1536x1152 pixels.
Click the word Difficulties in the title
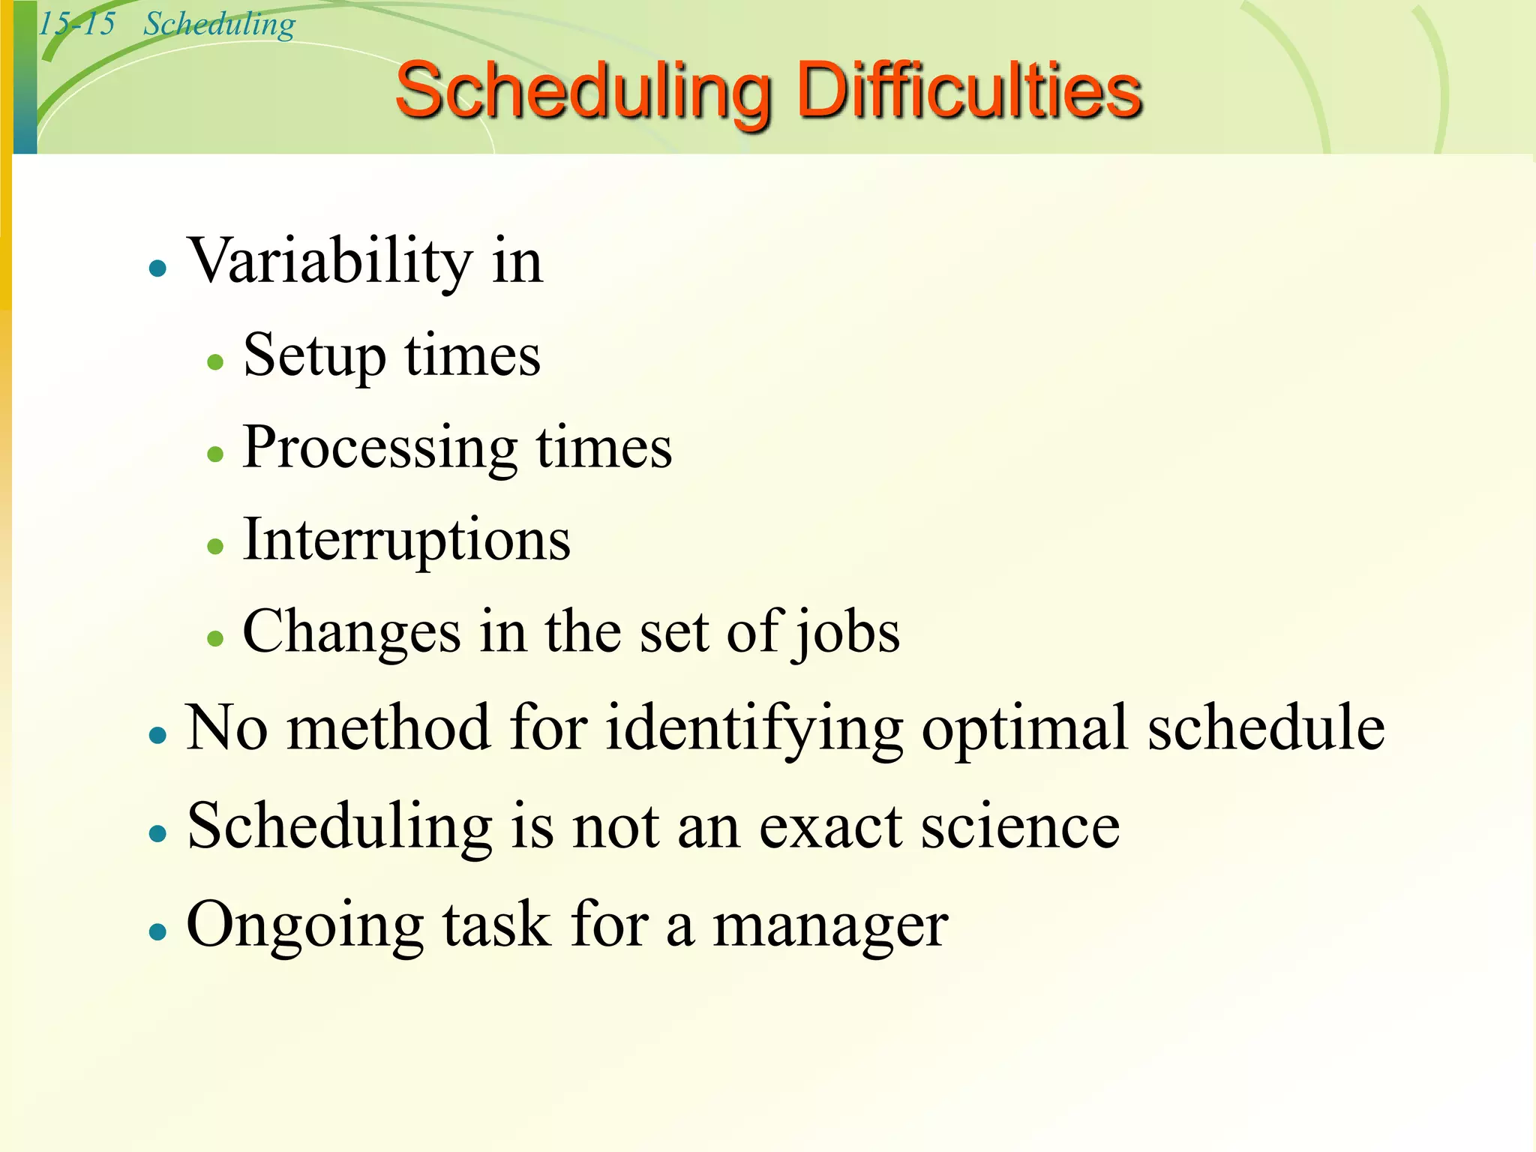(x=968, y=91)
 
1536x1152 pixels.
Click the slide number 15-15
(x=76, y=24)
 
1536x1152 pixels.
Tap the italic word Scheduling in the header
(x=219, y=25)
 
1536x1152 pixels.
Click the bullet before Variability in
(x=157, y=268)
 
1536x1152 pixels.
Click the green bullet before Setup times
(x=216, y=362)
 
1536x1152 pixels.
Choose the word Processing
(x=379, y=448)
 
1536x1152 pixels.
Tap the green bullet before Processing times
(x=216, y=454)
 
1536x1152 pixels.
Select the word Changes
(x=351, y=632)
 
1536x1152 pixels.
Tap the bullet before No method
(x=157, y=734)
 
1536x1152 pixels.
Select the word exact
(x=831, y=827)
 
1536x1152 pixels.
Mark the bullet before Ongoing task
(x=157, y=931)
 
